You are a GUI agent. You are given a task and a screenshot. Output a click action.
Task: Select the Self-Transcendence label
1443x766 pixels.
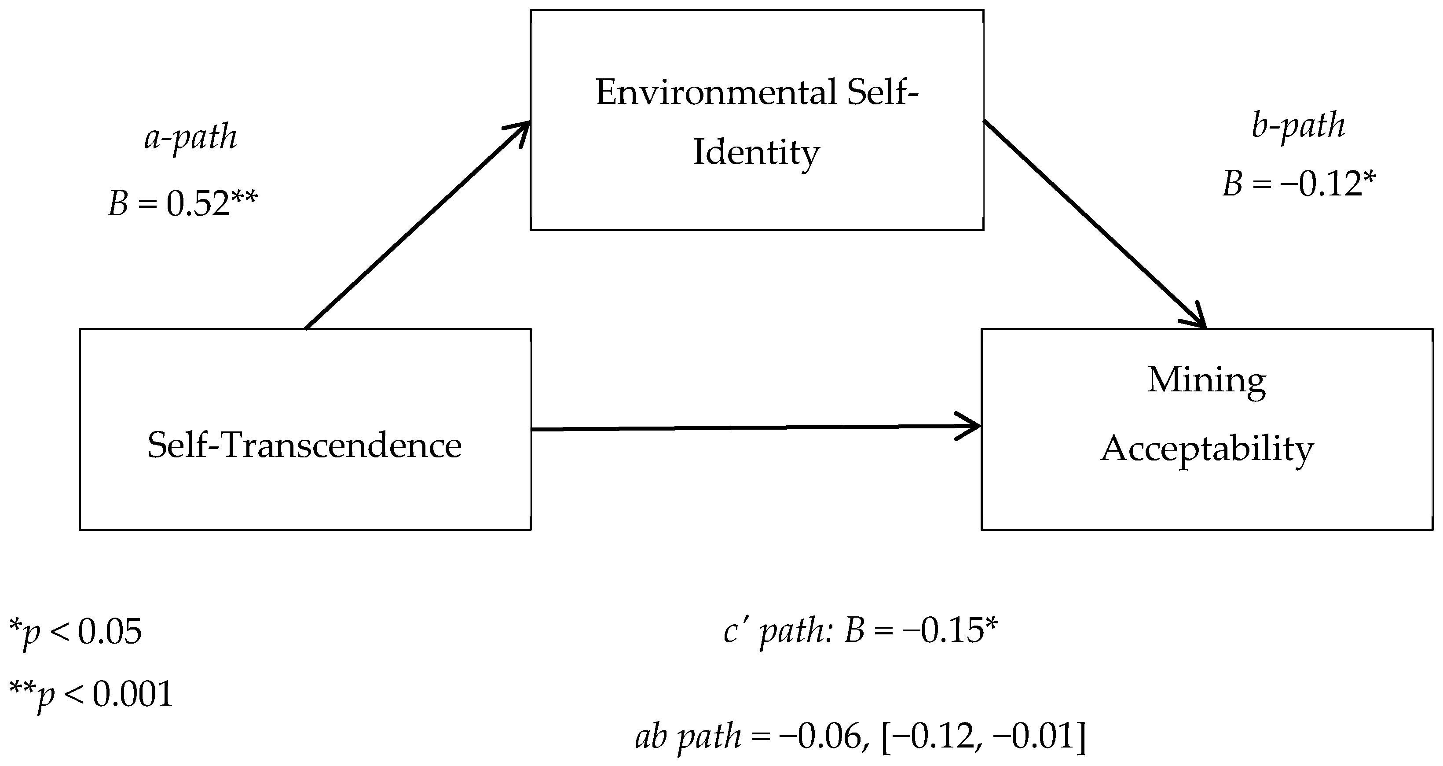tap(304, 446)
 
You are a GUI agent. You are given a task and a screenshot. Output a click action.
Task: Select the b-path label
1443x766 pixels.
tap(1298, 125)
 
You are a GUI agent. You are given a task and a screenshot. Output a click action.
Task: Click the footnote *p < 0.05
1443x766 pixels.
tap(76, 633)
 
